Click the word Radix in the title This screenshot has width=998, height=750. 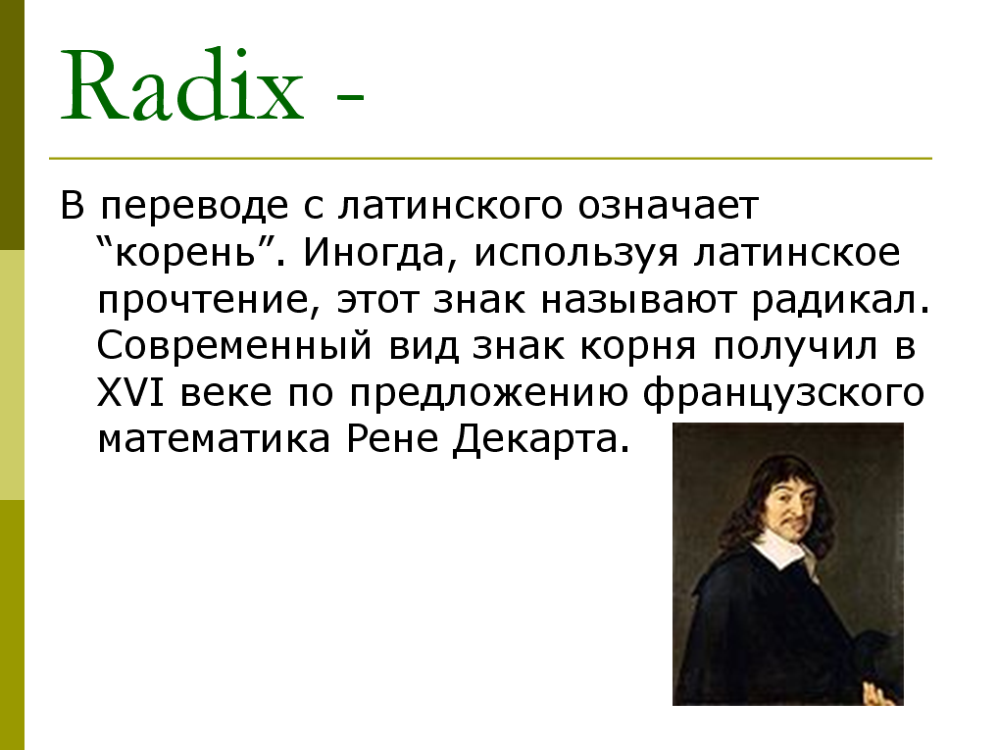(182, 86)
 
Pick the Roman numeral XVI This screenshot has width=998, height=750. (130, 392)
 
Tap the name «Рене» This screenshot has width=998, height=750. (393, 439)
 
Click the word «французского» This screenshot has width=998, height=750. (783, 393)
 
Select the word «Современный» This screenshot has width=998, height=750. (234, 346)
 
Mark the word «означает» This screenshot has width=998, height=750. (669, 206)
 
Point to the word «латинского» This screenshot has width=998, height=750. (451, 206)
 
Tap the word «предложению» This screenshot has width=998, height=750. (489, 393)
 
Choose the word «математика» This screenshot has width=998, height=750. (214, 439)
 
